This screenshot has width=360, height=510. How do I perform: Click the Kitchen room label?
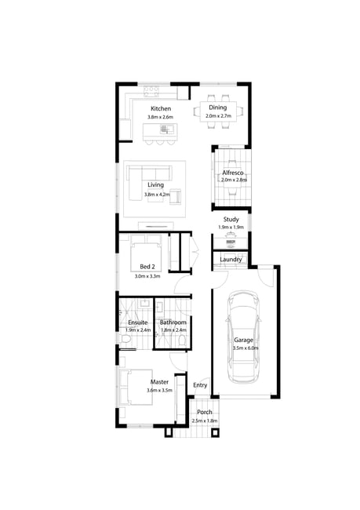(161, 108)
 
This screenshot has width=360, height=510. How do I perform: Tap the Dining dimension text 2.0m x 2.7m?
(218, 116)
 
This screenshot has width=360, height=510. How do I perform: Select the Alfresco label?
(233, 173)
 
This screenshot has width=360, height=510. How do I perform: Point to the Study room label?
(231, 220)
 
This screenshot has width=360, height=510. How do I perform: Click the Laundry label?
(231, 260)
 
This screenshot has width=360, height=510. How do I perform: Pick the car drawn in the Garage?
(244, 337)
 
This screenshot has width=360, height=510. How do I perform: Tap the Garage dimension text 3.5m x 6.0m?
(245, 348)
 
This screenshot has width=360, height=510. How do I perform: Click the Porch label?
(205, 412)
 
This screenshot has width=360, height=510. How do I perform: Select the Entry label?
(200, 385)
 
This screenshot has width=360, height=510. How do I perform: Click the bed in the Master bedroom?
(136, 387)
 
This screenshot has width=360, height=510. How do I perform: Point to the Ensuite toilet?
(125, 339)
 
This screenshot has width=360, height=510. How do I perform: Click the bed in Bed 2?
(146, 253)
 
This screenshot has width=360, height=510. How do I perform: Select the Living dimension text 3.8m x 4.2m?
(157, 195)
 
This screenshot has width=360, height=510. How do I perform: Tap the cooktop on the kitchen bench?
(151, 91)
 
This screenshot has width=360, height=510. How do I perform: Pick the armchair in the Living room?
(176, 196)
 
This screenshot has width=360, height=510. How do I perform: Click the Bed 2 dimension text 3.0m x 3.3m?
(147, 276)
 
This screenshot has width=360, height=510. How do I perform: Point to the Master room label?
(159, 382)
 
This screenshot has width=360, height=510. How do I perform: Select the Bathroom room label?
(173, 322)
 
